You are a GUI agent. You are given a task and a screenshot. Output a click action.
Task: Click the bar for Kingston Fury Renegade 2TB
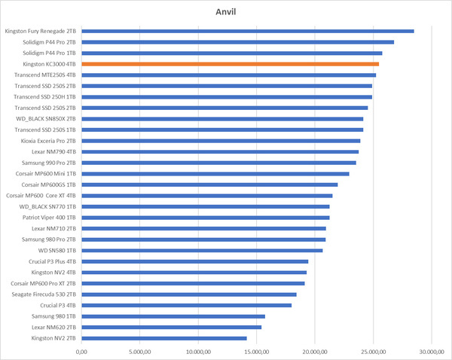(x=248, y=31)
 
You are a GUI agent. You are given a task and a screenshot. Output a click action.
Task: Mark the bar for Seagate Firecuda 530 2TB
(x=189, y=294)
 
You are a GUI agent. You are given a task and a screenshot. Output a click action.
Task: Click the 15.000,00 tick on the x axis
(x=256, y=351)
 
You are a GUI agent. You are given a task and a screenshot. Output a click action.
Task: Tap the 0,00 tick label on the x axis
(x=82, y=351)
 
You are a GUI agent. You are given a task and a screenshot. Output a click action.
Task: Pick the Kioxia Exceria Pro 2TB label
(x=44, y=141)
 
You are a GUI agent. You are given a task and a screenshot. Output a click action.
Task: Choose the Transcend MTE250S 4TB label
(x=44, y=75)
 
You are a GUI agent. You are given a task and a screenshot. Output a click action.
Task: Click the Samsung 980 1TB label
(x=52, y=316)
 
